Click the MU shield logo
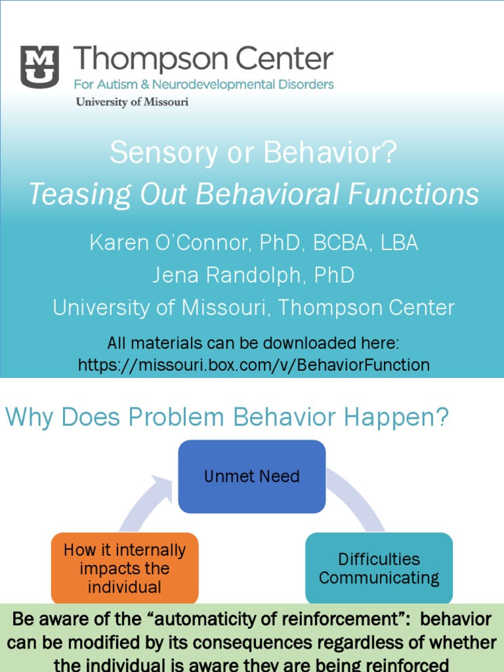[x=39, y=66]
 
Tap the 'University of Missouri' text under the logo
[x=132, y=102]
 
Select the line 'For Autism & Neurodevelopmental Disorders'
[x=203, y=85]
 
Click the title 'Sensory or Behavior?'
[x=253, y=153]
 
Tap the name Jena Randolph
[x=217, y=275]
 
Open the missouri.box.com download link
[x=253, y=365]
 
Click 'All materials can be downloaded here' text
[x=253, y=343]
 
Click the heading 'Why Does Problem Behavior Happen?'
[x=227, y=417]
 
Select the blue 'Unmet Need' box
[x=252, y=476]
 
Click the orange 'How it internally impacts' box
[x=124, y=568]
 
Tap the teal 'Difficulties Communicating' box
[x=379, y=568]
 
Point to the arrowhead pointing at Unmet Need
[x=162, y=484]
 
